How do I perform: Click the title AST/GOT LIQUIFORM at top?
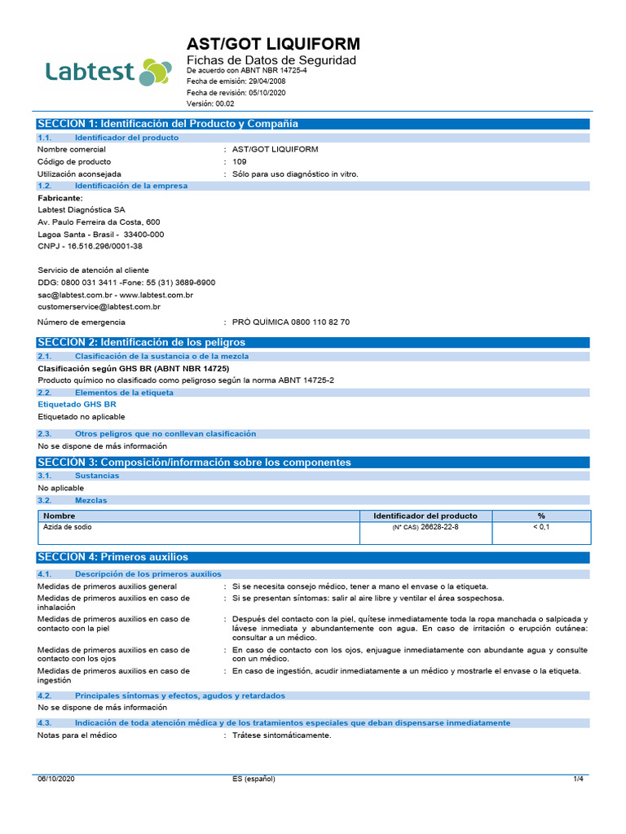click(273, 44)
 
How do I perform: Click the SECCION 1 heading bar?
click(312, 124)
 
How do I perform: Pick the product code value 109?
click(239, 161)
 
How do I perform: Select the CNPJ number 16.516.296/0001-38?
click(103, 246)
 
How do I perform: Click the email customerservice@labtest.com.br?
click(99, 307)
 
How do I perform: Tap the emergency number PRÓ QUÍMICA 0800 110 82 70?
click(291, 323)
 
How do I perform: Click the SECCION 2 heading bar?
click(312, 342)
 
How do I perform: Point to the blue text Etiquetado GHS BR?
click(77, 404)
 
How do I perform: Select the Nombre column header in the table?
click(60, 516)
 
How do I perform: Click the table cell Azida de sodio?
click(68, 528)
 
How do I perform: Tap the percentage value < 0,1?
click(541, 528)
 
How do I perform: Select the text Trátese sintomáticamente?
click(282, 735)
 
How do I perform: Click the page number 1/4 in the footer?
click(578, 779)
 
